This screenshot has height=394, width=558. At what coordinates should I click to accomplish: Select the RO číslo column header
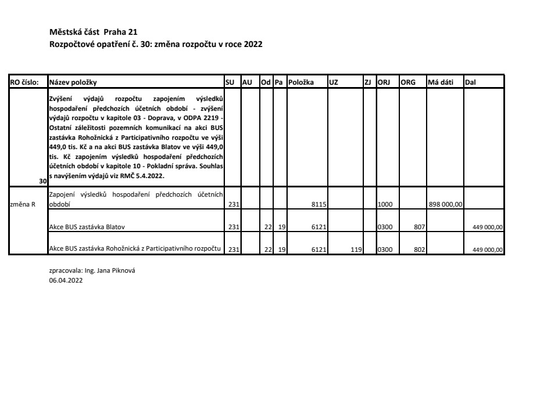[x=24, y=82]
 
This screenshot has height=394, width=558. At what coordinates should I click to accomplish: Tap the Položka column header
[x=301, y=82]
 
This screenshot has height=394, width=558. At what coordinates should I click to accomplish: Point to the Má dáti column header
[x=440, y=82]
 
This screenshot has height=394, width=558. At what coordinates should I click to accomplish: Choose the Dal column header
[x=470, y=82]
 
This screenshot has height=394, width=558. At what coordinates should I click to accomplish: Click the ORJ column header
[x=384, y=82]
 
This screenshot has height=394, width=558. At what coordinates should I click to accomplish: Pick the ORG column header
[x=408, y=82]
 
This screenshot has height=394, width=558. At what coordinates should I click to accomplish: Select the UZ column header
[x=334, y=82]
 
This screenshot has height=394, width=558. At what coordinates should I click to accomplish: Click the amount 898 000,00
[x=446, y=204]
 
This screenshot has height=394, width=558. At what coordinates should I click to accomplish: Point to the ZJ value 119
[x=357, y=250]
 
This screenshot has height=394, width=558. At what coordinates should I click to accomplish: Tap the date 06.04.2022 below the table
[x=66, y=280]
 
